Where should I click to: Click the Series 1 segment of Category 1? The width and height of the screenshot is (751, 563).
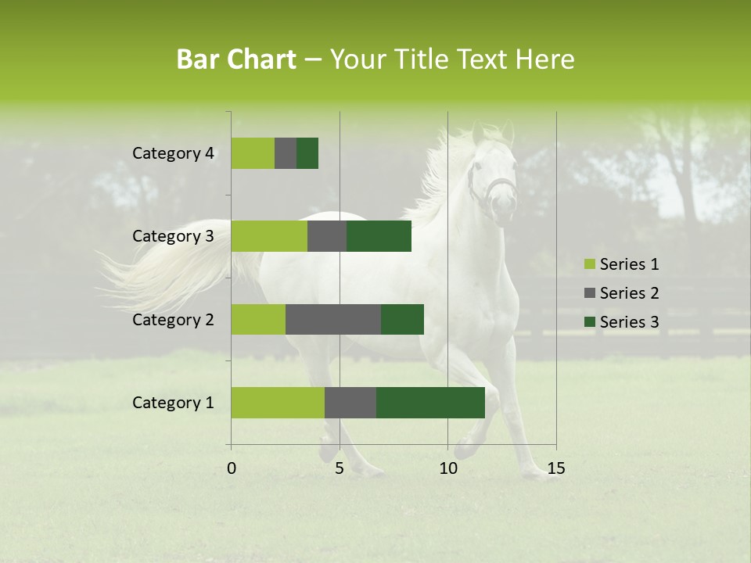click(x=278, y=403)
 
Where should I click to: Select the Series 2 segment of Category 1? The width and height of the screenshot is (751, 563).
click(x=350, y=403)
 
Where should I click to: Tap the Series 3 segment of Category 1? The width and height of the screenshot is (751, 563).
click(x=430, y=403)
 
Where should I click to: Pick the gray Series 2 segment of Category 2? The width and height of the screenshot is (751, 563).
click(x=333, y=319)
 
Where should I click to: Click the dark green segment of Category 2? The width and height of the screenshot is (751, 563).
click(x=402, y=319)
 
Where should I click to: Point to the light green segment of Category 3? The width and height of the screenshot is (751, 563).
click(x=269, y=236)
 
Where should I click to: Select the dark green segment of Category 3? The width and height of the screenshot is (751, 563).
click(x=379, y=236)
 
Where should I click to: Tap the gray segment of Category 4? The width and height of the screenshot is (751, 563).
click(x=286, y=153)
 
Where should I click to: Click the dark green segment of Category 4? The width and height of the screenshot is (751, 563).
click(x=307, y=153)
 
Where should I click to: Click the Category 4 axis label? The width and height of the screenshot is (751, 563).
click(x=173, y=153)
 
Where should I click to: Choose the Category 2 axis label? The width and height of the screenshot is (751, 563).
click(x=173, y=320)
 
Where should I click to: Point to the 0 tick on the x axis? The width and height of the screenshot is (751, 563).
click(x=232, y=468)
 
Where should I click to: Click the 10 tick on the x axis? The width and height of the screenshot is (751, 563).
click(x=447, y=468)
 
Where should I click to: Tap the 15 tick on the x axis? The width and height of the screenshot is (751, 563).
click(x=555, y=468)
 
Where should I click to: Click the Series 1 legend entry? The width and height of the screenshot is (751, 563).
click(x=622, y=264)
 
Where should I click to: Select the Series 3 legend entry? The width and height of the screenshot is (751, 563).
click(x=622, y=322)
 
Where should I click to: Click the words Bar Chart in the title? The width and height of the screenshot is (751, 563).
click(x=236, y=59)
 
